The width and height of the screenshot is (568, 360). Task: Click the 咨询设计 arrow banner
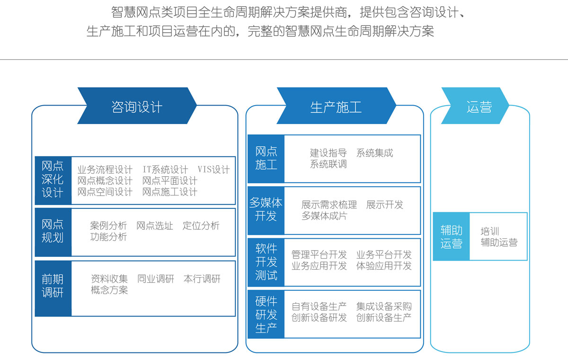[137, 106]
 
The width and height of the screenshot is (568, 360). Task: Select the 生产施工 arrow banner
[336, 106]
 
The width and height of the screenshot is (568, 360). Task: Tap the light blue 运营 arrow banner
[475, 106]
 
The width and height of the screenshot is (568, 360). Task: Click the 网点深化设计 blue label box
[53, 180]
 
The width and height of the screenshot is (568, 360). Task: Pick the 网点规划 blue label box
[53, 232]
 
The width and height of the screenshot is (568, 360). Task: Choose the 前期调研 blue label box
[53, 288]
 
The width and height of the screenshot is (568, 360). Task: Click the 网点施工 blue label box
[266, 159]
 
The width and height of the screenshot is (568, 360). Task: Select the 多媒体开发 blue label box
[266, 210]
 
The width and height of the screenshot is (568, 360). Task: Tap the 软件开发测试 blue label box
[266, 262]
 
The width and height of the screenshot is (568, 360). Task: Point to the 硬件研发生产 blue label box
[266, 314]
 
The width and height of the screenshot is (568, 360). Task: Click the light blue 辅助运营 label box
[452, 236]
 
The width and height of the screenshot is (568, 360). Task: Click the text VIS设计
[213, 170]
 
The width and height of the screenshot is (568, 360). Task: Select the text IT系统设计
[165, 170]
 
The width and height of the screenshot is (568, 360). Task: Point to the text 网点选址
[155, 225]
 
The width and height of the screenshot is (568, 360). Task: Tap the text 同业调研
[156, 279]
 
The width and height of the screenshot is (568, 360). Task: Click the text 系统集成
[374, 153]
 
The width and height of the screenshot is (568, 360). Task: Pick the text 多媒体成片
[324, 216]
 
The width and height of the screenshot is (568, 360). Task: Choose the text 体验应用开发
[384, 266]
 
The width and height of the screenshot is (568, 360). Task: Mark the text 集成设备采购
[384, 306]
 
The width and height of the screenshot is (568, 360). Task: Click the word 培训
[489, 231]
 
